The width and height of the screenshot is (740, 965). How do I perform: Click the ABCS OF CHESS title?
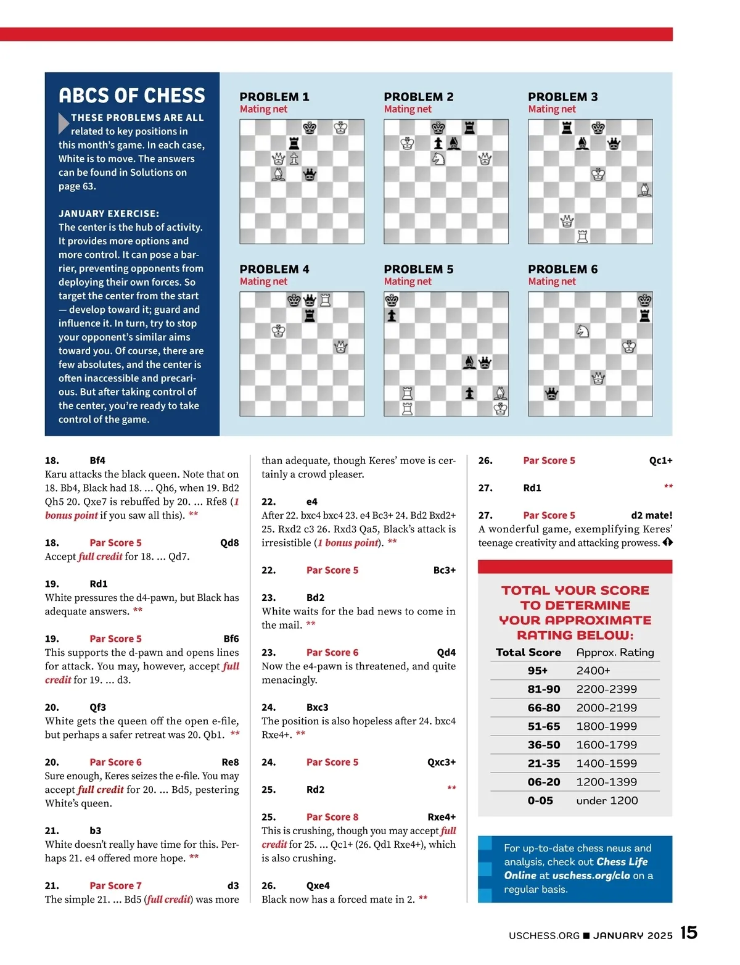132,96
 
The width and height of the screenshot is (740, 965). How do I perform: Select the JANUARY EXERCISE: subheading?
109,213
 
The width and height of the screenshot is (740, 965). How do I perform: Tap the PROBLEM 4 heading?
274,269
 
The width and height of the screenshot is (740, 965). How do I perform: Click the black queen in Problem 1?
310,175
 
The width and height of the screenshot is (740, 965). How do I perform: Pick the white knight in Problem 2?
438,159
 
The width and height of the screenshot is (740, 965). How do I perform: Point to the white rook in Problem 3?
582,236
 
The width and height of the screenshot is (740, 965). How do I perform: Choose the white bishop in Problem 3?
644,189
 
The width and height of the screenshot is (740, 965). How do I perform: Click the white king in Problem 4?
279,331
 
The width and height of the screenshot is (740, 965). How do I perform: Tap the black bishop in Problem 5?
469,362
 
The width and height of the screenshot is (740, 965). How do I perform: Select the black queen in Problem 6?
551,393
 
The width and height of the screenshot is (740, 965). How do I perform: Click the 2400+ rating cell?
593,671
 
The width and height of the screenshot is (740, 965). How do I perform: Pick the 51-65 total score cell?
543,726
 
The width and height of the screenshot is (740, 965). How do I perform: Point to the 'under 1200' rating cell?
607,800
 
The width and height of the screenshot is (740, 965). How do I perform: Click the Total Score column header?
528,652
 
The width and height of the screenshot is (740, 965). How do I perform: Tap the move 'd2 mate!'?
651,515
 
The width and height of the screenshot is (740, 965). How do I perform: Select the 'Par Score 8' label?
332,817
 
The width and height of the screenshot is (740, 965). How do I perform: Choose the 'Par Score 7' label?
115,885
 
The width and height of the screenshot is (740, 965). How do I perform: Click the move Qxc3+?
441,762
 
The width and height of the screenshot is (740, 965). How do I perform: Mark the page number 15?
689,932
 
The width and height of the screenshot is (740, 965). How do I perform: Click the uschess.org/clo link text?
591,876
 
